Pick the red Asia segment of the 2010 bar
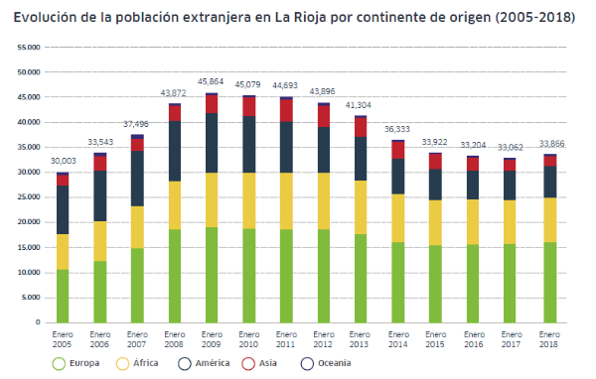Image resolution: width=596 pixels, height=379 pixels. click(x=248, y=106)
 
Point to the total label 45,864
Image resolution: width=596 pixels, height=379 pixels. click(x=211, y=81)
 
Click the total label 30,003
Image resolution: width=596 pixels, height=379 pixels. click(x=62, y=161)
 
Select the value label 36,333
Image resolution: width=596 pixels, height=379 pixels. click(x=397, y=129)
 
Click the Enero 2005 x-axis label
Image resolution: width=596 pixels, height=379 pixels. click(x=62, y=339)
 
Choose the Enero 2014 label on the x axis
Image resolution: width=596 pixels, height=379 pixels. click(x=397, y=339)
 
